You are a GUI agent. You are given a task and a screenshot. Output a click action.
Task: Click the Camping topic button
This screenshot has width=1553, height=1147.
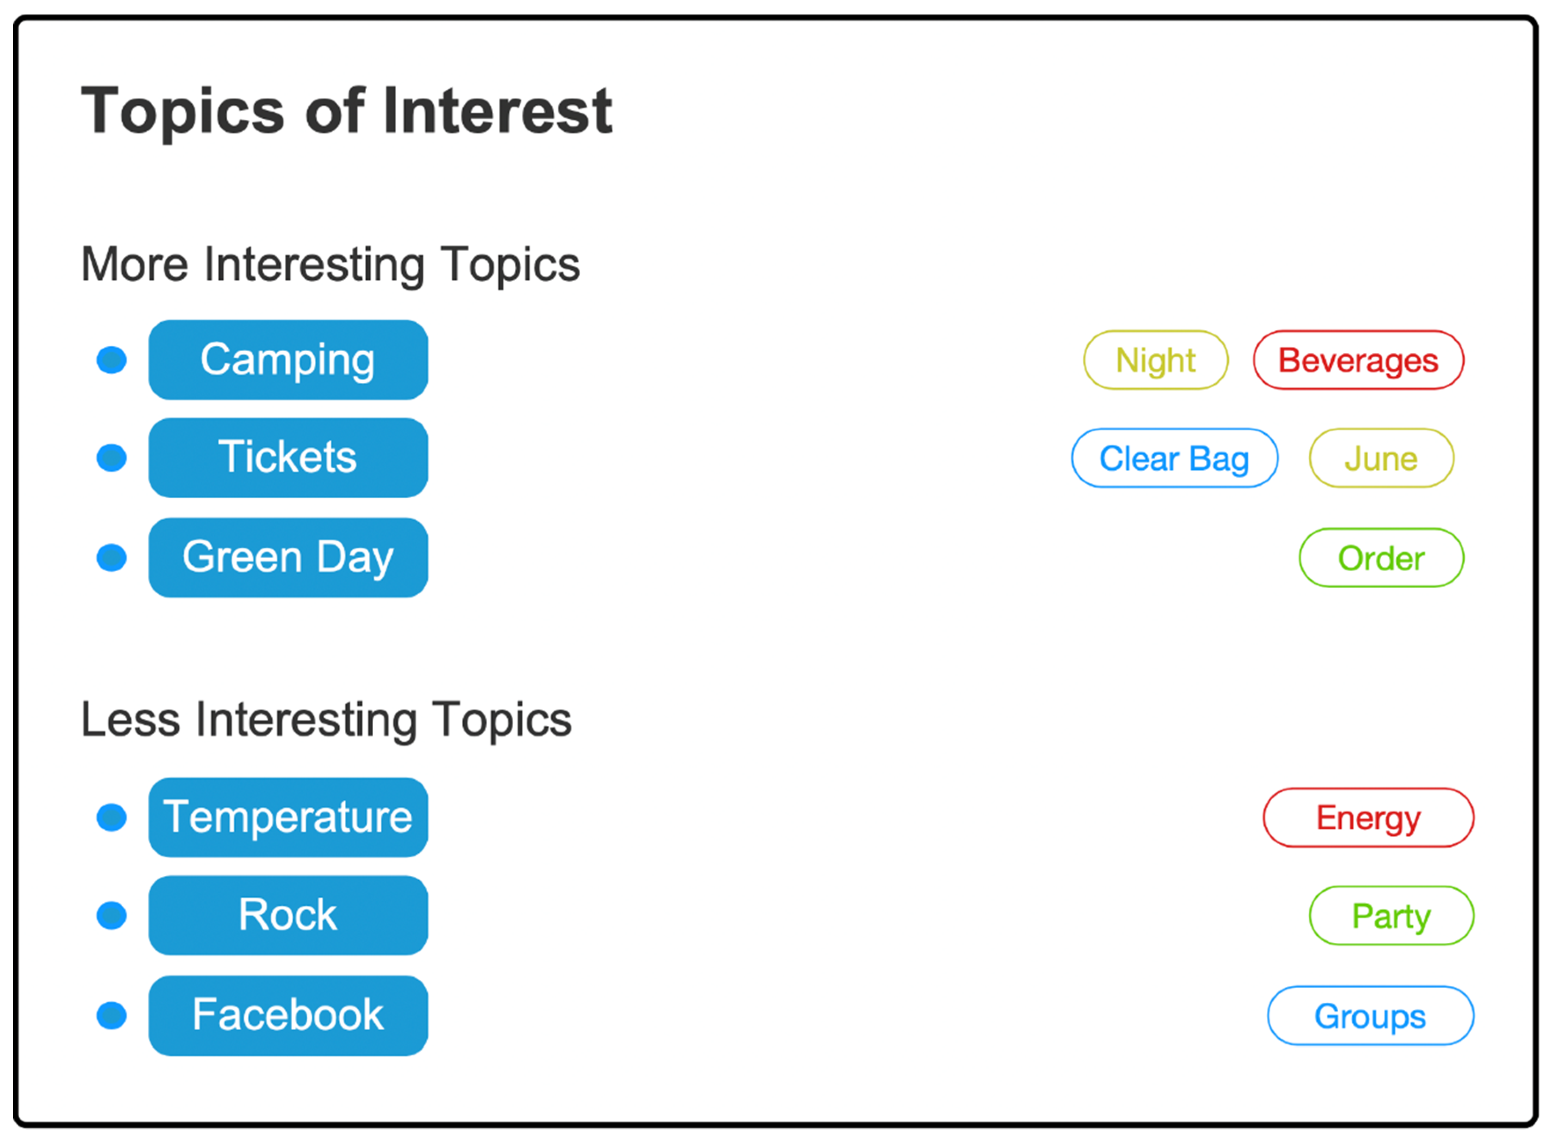coord(288,360)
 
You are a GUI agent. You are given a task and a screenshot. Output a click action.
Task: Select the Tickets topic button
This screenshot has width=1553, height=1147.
coord(288,458)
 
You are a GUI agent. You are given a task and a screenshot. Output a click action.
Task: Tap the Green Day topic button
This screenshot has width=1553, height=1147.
coord(288,558)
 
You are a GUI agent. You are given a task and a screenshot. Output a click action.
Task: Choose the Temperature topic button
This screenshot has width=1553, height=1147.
coord(288,817)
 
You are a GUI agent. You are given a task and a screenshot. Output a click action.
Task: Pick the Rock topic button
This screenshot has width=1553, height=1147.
coord(288,915)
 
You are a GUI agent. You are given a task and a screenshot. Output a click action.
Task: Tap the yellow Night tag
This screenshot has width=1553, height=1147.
coord(1156,360)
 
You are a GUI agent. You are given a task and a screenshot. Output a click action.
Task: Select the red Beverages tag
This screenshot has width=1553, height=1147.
coord(1358,360)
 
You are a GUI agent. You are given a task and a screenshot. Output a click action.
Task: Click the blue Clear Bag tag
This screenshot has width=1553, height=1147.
coord(1174,458)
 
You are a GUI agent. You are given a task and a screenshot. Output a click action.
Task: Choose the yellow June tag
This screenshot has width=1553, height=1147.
coord(1381,458)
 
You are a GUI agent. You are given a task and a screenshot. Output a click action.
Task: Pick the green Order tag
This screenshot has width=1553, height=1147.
coord(1381,558)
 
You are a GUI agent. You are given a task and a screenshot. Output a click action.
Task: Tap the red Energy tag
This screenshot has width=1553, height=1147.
coord(1368,817)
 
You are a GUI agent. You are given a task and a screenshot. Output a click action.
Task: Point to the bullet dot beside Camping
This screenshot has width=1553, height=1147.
coord(111,360)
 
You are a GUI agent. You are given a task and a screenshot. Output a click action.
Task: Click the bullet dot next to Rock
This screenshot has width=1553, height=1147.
coord(111,915)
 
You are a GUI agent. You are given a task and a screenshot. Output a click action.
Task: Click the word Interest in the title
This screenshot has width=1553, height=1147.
coord(497,110)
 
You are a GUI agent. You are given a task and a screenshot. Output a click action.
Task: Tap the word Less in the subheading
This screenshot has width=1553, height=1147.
coord(130,719)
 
